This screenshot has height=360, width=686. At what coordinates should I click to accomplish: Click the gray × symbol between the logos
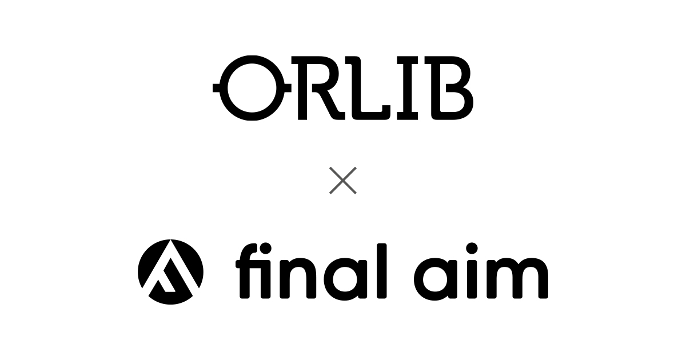(343, 181)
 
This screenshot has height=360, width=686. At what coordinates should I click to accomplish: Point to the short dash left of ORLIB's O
(217, 89)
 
